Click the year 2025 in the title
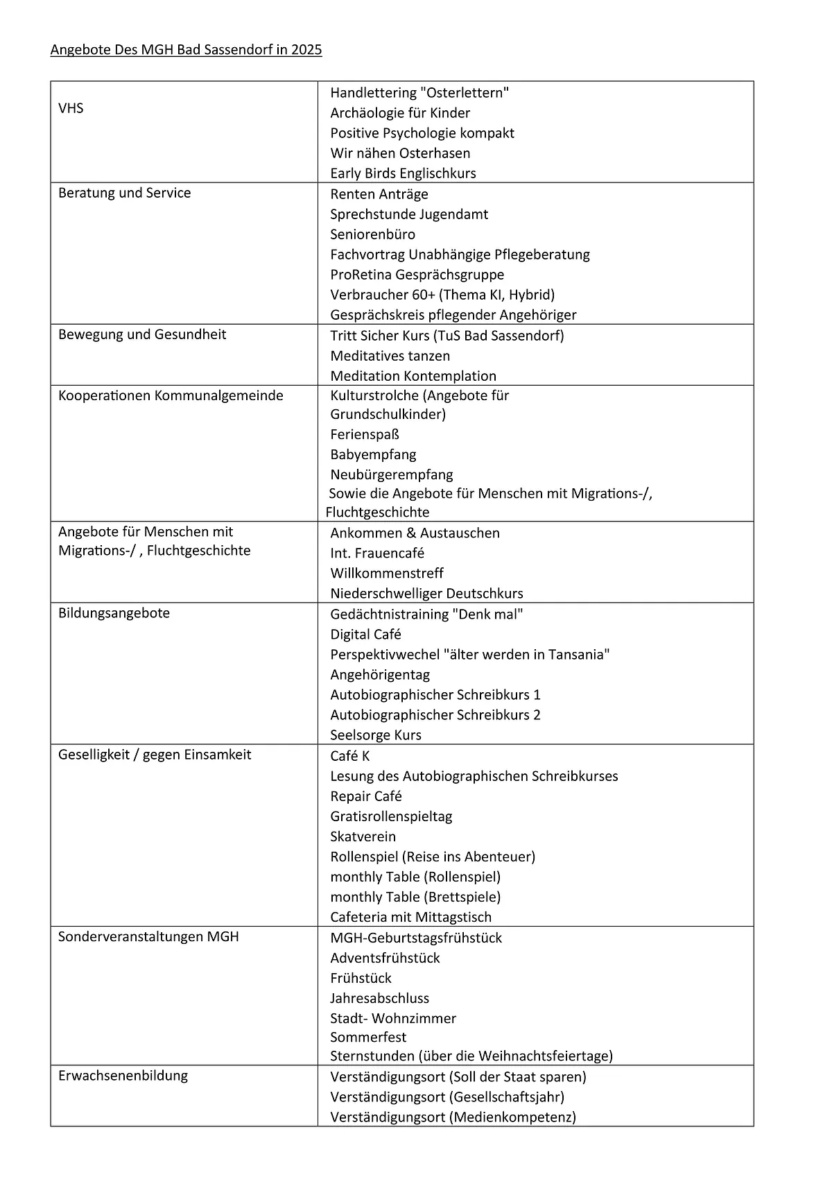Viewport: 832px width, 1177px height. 306,50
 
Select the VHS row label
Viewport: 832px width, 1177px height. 71,108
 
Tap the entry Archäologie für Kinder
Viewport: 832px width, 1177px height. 400,113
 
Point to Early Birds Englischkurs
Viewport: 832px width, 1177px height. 403,173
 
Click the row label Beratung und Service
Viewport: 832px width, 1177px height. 124,193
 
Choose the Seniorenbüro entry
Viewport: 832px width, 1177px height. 372,234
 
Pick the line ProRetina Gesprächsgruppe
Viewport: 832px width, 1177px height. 417,275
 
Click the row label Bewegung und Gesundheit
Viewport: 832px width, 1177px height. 142,334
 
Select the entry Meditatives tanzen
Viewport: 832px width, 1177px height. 390,356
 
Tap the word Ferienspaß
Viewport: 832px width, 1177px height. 365,435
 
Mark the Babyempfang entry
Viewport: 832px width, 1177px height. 373,455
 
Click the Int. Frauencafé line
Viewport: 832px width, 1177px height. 377,553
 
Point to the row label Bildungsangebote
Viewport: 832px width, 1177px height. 114,613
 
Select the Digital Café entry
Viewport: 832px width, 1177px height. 365,635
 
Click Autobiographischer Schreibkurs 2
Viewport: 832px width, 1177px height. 435,715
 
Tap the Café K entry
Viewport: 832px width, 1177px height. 349,756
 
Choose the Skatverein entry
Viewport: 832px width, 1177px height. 363,836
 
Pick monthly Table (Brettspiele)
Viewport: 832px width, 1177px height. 415,897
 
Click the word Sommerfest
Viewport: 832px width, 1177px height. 368,1038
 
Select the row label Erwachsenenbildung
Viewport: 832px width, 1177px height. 123,1076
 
